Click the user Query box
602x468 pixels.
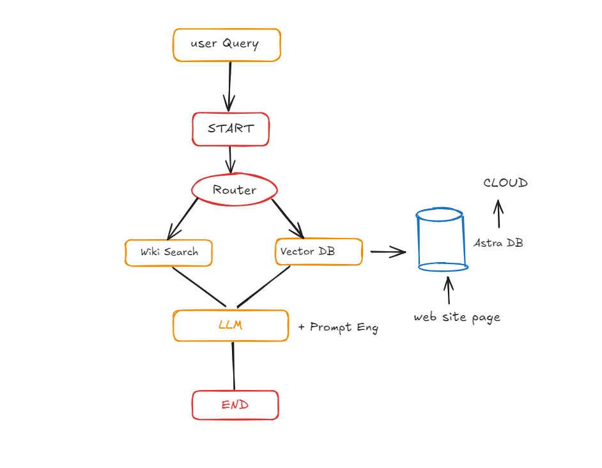click(226, 45)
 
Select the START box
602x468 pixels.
click(231, 129)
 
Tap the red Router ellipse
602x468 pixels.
click(235, 190)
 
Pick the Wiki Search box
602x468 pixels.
click(169, 253)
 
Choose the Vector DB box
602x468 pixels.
click(319, 252)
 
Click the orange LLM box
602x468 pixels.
click(230, 325)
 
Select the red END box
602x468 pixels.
click(235, 405)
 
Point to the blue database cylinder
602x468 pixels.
click(442, 240)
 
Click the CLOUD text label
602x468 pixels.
click(506, 183)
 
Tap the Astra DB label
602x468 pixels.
click(498, 243)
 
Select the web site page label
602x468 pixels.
click(457, 317)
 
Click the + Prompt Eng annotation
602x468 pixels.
click(338, 327)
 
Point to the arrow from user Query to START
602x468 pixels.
click(229, 86)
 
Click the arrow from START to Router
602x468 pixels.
click(231, 159)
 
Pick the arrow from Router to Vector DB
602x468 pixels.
click(287, 217)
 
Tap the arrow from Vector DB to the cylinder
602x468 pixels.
click(388, 252)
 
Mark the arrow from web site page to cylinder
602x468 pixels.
click(448, 290)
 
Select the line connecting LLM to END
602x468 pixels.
click(233, 366)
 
